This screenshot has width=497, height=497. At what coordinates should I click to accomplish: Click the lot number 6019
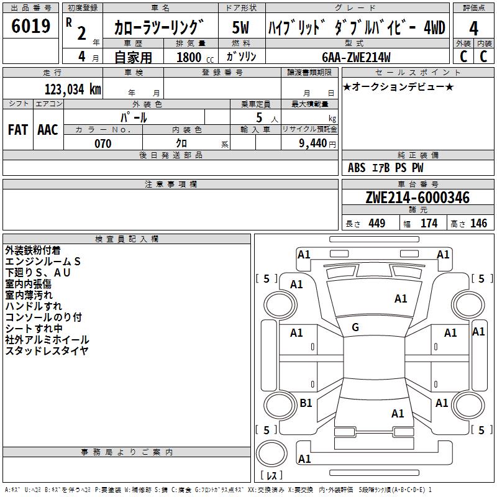coord(30,25)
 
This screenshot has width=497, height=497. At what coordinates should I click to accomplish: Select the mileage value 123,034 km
coord(73,89)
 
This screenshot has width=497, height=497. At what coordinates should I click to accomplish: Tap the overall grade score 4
coord(473,28)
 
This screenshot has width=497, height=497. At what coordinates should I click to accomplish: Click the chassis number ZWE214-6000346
coord(417,198)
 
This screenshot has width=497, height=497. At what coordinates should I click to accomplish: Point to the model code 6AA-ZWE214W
coord(356,57)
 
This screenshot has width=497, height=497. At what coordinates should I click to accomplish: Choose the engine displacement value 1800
coord(189,57)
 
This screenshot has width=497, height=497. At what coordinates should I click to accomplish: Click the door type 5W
coord(240,27)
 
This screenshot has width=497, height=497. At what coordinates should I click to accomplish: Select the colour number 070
coord(103,144)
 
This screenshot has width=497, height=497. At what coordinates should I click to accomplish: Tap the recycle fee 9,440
coord(312,144)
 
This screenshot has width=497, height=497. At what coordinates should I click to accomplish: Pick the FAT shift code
coord(18,130)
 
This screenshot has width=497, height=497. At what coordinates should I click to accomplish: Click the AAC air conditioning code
coord(48,130)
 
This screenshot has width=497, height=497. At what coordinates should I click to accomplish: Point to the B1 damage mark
coord(306,403)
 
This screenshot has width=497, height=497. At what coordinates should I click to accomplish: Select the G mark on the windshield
coord(355,327)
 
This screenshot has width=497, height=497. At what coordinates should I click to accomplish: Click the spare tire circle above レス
coord(271,454)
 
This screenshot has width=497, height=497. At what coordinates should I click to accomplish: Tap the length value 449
coord(377,223)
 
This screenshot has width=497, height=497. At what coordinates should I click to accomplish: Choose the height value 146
coord(478,223)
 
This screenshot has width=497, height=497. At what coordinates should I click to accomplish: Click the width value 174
coord(429,223)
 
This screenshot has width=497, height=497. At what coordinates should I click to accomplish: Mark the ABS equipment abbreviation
coord(357,168)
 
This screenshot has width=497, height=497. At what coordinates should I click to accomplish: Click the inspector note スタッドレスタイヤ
coord(47,351)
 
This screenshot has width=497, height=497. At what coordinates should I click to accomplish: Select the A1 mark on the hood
coord(401,299)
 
